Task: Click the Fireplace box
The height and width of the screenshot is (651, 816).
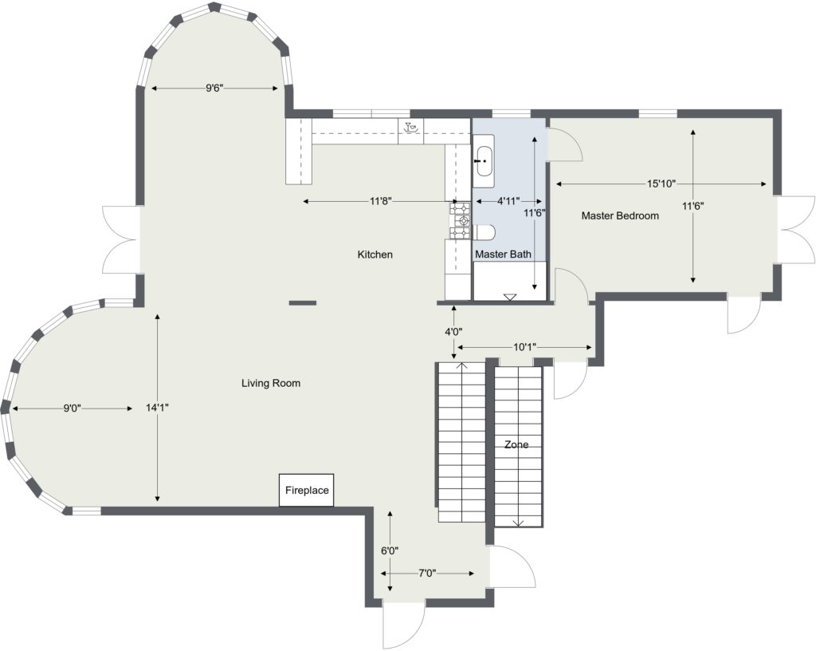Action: tap(307, 490)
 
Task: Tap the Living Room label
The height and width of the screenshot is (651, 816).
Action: tap(271, 383)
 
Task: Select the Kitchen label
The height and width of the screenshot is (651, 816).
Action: tap(375, 254)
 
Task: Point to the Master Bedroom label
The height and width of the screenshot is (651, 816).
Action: tap(620, 215)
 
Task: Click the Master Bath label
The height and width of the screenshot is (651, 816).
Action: tap(504, 254)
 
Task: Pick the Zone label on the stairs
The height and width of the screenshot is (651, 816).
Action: tap(516, 444)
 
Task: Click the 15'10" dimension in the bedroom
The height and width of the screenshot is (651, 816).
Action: tap(661, 183)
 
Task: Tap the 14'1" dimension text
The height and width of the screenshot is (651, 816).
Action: tap(157, 408)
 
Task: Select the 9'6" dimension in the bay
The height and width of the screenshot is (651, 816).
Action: tap(214, 88)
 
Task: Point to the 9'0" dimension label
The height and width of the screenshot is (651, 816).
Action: tap(73, 408)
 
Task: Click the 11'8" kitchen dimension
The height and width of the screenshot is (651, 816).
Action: tap(380, 201)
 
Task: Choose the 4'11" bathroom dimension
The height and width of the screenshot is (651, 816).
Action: tap(508, 201)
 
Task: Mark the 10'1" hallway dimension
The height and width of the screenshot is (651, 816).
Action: tap(525, 347)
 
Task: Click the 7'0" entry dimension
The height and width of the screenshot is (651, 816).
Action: tap(427, 574)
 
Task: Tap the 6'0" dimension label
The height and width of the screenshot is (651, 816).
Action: tap(390, 550)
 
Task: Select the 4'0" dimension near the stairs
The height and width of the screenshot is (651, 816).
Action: tap(453, 331)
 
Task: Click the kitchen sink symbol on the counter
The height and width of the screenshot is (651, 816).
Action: tap(411, 127)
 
